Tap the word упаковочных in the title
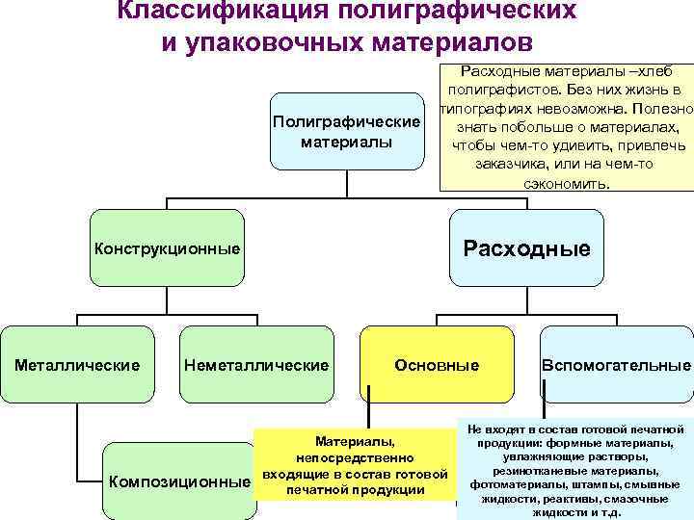click(x=277, y=44)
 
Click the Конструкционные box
click(x=167, y=249)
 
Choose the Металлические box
click(x=77, y=365)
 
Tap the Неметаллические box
click(x=255, y=365)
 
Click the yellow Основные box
click(x=437, y=365)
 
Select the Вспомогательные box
click(x=617, y=365)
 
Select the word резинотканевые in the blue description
click(x=539, y=471)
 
